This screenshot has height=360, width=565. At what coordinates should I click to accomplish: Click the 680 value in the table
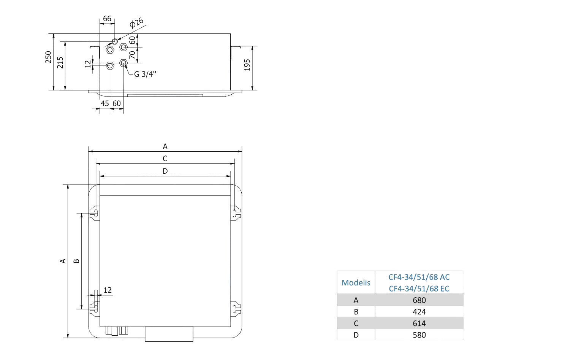coord(419,300)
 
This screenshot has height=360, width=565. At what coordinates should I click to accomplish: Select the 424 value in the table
coord(419,312)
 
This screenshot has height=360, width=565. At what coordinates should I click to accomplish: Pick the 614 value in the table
coord(419,324)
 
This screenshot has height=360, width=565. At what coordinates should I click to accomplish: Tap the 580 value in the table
coord(419,335)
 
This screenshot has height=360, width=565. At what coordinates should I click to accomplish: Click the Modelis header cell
coord(356,282)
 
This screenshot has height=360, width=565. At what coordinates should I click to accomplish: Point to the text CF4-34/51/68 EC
coord(419,289)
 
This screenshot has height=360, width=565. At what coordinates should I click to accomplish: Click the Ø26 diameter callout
coord(136,23)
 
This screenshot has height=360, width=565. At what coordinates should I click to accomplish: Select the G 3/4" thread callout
coord(145,74)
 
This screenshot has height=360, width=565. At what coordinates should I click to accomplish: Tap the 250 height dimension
coord(48,57)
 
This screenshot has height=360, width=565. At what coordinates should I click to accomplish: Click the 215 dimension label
coord(60,63)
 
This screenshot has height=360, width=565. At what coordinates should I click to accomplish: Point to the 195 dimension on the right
coord(247,65)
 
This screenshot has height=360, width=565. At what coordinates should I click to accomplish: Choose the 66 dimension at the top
coord(107,18)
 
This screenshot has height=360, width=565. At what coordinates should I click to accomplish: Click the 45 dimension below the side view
coord(104,103)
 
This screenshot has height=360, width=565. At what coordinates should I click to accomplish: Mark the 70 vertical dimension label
coord(132,55)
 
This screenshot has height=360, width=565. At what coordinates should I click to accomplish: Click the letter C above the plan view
coord(165,159)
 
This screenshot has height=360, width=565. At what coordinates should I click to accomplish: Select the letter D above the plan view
coord(165,171)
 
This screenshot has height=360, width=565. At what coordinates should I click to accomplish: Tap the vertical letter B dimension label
coord(76,261)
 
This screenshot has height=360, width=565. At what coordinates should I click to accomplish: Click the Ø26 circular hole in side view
coord(114,41)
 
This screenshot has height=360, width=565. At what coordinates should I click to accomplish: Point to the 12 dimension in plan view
coord(108,290)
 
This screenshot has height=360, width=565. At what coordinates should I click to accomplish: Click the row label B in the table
coord(356,312)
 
